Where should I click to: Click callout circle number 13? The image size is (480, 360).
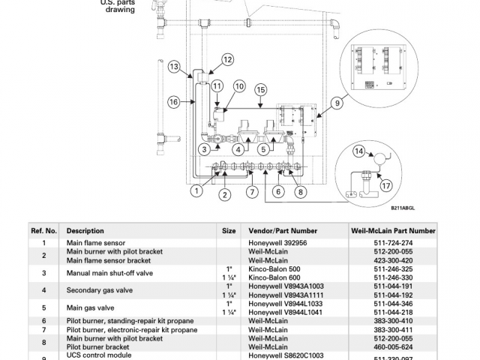(174, 67)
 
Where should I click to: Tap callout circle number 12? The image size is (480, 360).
(227, 59)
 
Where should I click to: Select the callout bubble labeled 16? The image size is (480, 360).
(173, 102)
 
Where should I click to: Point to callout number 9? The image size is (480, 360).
(337, 103)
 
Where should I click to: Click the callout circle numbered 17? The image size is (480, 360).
(386, 185)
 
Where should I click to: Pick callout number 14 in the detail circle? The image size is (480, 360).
(359, 151)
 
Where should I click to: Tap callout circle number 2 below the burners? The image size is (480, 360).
(225, 195)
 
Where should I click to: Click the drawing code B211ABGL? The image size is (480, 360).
(403, 208)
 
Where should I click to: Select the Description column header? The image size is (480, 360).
(85, 231)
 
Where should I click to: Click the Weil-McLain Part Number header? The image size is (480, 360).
(393, 231)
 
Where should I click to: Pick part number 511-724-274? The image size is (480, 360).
(393, 243)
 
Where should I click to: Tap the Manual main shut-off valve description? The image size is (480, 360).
(109, 273)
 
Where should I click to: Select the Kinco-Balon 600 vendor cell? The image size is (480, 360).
(274, 277)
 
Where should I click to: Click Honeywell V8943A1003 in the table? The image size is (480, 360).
(286, 286)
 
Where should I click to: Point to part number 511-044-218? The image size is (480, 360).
(393, 312)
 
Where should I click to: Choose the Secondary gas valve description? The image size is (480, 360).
(100, 290)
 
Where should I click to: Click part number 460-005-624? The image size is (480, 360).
(393, 347)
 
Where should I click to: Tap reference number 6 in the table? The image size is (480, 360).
(43, 321)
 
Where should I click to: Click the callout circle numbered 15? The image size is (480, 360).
(260, 90)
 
